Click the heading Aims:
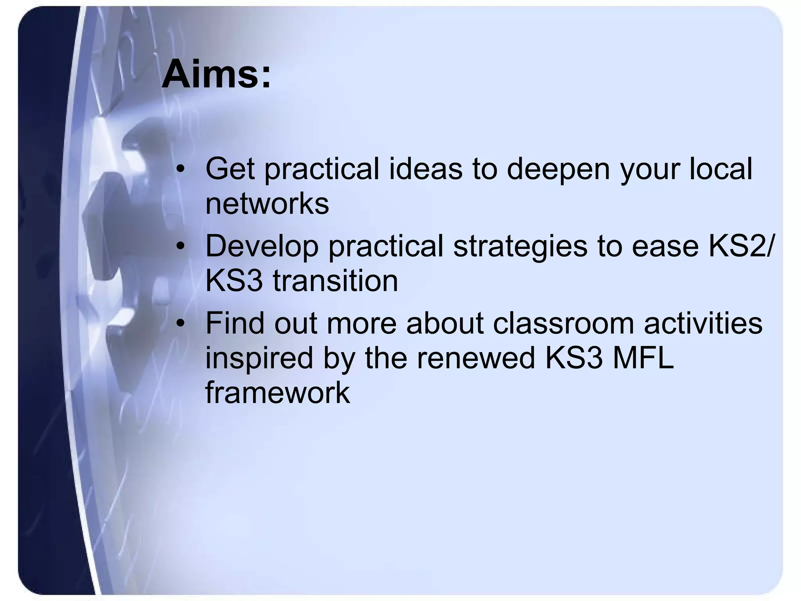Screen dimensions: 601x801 (x=216, y=74)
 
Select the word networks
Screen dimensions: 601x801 (x=267, y=204)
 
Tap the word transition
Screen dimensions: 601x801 (x=335, y=281)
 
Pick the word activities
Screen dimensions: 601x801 (x=703, y=323)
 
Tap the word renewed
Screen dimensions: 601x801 (x=476, y=358)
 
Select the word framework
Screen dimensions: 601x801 (x=277, y=392)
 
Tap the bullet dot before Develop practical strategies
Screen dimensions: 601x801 (x=180, y=247)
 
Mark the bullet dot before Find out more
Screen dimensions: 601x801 (x=180, y=324)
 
